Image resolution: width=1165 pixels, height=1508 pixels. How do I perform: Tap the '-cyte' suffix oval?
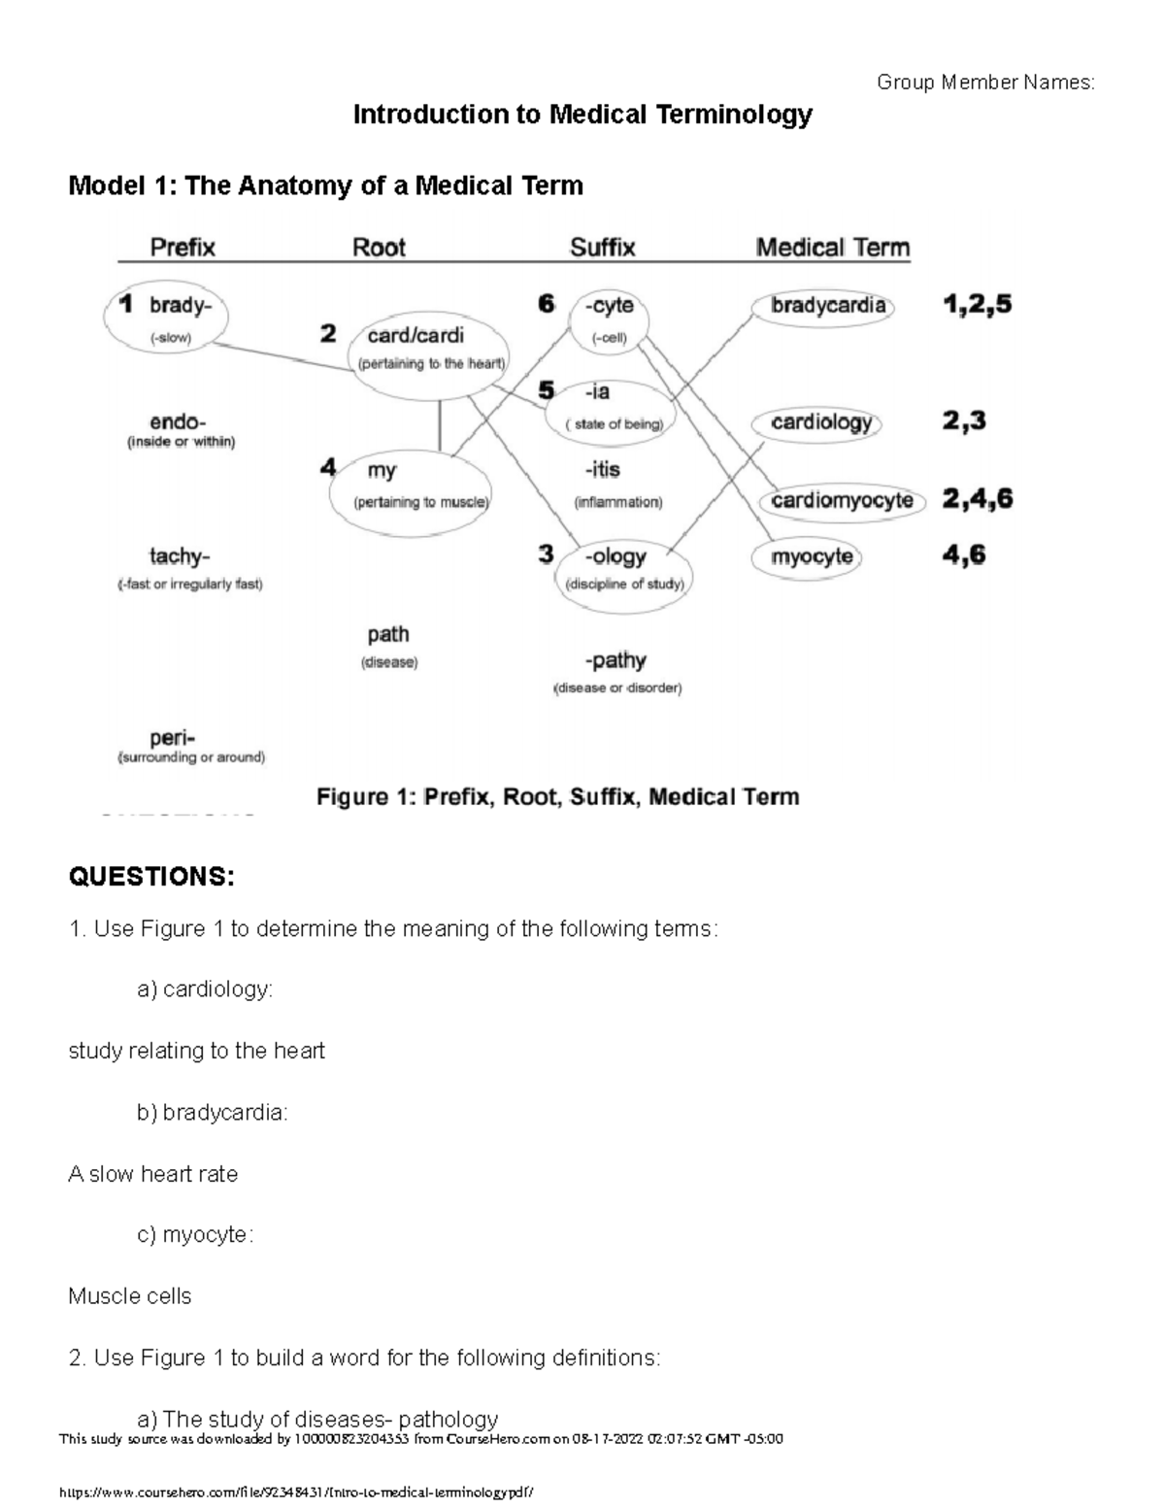(610, 320)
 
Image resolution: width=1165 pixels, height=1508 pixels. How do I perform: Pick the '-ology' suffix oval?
(624, 571)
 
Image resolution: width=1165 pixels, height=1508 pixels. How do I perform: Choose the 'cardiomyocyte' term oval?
(842, 501)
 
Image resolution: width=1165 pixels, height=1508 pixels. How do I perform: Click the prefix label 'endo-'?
(178, 423)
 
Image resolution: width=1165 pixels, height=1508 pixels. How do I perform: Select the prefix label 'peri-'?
(173, 738)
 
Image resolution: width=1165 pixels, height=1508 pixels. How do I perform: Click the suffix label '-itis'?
(603, 471)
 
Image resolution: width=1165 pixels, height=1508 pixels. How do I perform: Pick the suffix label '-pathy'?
(616, 661)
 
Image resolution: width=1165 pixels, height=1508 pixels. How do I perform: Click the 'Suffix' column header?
(602, 248)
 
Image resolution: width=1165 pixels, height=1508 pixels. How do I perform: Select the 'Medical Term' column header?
(833, 248)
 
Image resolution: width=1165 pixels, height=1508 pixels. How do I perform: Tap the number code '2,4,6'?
(977, 499)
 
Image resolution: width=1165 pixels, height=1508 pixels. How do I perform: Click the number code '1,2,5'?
(977, 305)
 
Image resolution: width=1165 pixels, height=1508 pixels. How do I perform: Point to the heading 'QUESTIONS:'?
(151, 877)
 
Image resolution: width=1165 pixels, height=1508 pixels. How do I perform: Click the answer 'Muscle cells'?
(130, 1296)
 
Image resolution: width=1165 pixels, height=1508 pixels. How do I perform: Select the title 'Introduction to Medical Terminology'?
(582, 115)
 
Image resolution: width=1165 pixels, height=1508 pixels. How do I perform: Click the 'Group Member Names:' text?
(985, 83)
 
